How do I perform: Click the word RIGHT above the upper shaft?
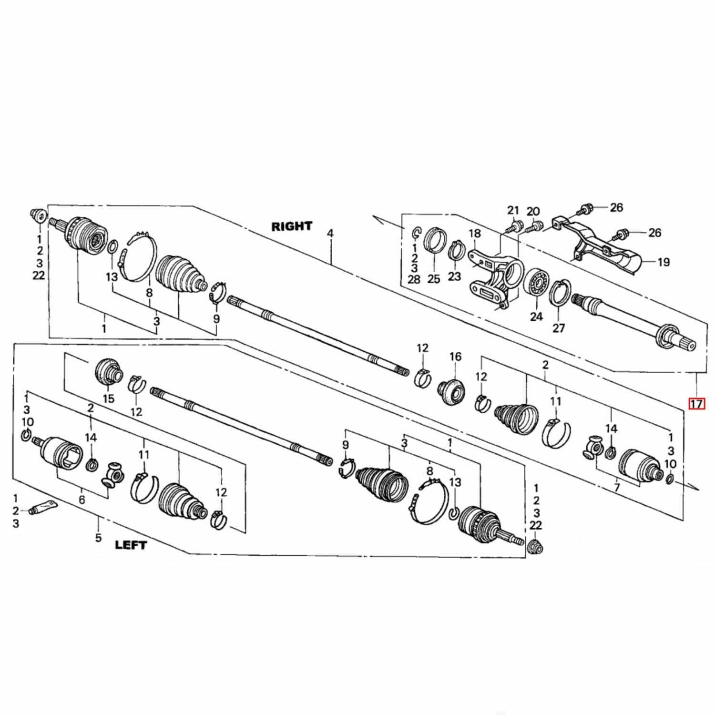coord(292,226)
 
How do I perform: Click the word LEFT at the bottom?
coord(131,544)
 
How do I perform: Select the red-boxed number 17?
coord(696,404)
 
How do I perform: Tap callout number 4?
coord(330,233)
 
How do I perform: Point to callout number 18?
coord(475,233)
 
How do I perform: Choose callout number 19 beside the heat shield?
coord(664,262)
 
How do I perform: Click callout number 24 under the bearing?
coord(536,317)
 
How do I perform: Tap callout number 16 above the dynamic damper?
coord(455,356)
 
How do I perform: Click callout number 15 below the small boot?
coord(109,398)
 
